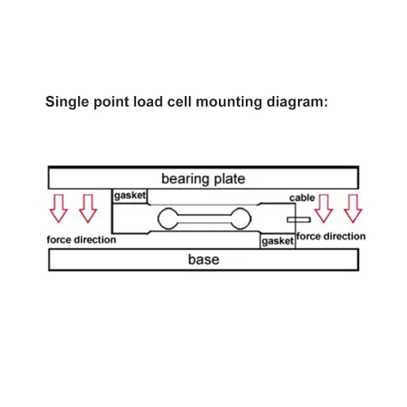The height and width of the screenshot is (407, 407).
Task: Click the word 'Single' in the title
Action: tap(68, 103)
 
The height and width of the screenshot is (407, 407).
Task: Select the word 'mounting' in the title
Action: tap(229, 103)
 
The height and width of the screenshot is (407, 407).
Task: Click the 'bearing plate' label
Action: tap(203, 179)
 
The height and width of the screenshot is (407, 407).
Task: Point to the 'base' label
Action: tap(203, 260)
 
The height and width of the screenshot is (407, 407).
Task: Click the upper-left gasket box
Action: tap(130, 196)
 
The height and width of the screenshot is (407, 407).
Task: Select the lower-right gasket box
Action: tap(278, 241)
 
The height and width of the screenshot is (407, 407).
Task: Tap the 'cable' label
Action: tap(302, 198)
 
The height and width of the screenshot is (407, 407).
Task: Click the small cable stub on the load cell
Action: tap(299, 220)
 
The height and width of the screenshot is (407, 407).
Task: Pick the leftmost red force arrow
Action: tap(59, 208)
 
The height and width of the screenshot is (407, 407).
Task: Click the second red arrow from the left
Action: tap(88, 208)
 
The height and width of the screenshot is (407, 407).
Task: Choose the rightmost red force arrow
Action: tap(352, 208)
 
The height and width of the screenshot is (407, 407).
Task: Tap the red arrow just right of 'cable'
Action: tap(323, 208)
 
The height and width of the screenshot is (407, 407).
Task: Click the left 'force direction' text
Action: tap(81, 239)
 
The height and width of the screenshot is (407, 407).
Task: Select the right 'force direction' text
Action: tap(330, 236)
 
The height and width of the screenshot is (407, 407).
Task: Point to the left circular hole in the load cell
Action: tap(168, 219)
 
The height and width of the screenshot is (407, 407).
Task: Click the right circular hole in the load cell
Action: tap(241, 219)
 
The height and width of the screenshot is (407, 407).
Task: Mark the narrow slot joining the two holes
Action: tap(204, 219)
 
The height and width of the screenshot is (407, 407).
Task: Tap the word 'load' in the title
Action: tap(148, 102)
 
